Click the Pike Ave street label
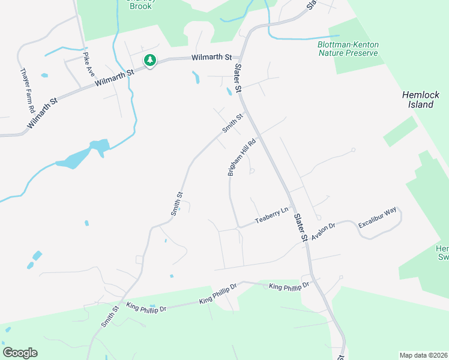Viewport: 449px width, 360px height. point(89,63)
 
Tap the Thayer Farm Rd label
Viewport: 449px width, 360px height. point(27,91)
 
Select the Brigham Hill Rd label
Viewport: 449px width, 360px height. point(242,158)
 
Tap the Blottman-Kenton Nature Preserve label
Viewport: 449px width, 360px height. point(348,49)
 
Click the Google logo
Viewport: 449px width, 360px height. point(20,353)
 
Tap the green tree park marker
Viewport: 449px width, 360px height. point(149,60)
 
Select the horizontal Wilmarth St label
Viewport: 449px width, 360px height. point(211,58)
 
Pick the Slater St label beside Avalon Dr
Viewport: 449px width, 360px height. point(301,221)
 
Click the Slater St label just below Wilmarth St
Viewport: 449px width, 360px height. point(238,78)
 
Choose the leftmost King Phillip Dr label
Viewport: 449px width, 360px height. point(146,307)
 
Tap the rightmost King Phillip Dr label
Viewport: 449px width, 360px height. point(289,286)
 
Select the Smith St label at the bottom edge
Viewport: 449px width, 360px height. point(109,315)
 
